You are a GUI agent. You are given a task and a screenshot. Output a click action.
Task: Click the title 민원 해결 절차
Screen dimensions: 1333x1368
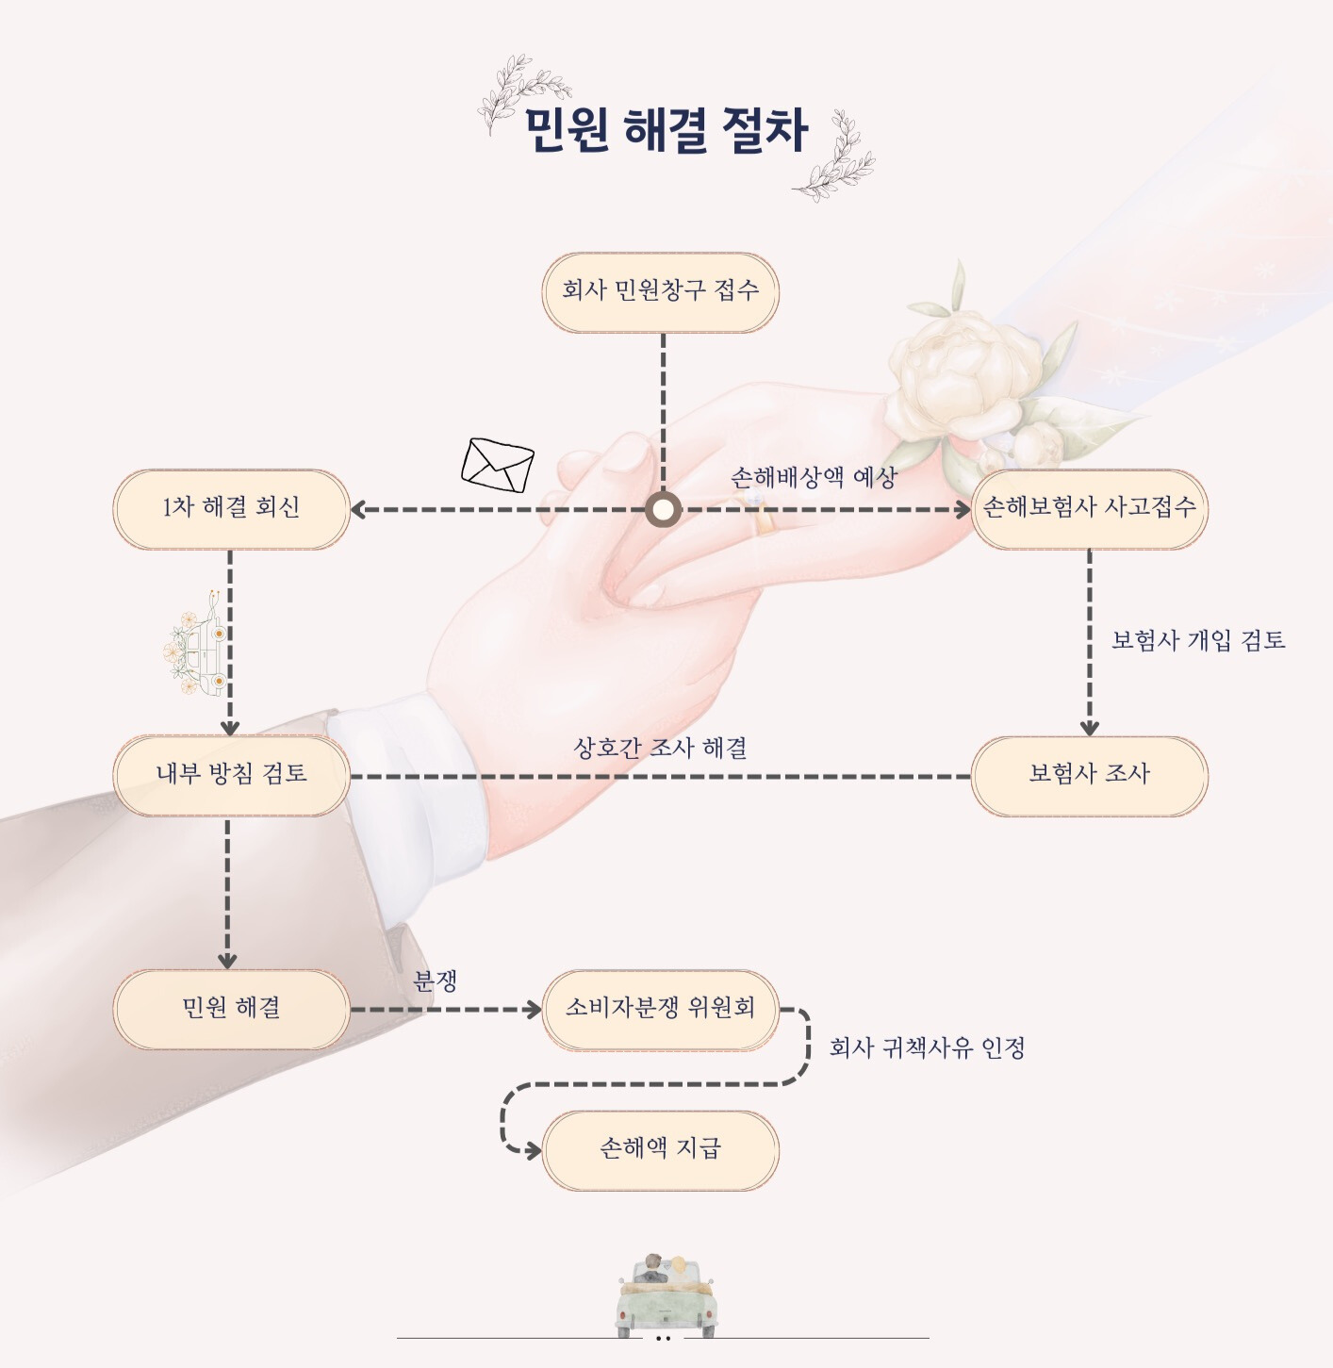666,130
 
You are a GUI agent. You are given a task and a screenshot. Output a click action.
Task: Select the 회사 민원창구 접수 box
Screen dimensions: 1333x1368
660,292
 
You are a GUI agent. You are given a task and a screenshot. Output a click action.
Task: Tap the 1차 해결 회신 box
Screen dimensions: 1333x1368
231,509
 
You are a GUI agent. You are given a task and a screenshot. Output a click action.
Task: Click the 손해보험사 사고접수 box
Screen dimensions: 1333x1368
1089,509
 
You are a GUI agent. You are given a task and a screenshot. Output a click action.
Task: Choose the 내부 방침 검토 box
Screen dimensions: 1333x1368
231,776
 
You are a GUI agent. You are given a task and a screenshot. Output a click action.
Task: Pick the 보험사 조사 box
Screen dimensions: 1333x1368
1089,776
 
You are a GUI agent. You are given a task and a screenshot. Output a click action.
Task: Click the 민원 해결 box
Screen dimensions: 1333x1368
231,1010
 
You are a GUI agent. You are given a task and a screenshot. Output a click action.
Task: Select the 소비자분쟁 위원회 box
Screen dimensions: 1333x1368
660,1010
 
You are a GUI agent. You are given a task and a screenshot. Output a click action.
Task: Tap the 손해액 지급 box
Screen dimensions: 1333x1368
660,1151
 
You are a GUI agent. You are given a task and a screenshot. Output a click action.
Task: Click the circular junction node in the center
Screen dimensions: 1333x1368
663,510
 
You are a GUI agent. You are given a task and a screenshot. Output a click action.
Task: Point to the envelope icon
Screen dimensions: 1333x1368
497,466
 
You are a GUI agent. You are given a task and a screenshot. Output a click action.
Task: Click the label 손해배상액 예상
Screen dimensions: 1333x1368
814,478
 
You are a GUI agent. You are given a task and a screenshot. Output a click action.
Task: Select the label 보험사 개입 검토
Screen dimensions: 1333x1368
1198,640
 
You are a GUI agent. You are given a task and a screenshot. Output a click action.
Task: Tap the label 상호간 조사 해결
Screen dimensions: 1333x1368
660,748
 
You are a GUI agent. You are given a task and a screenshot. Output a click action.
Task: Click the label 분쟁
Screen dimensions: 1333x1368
435,981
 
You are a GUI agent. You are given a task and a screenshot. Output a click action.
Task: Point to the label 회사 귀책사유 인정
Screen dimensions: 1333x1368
927,1048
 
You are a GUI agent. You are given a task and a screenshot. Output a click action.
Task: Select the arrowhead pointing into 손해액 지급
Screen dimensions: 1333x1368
533,1151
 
